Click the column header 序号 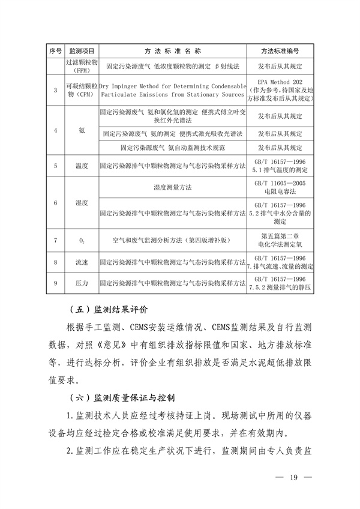[x=55, y=52]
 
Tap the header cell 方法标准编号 [x=280, y=52]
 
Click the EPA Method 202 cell [x=280, y=90]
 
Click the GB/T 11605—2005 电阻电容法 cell [x=280, y=188]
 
